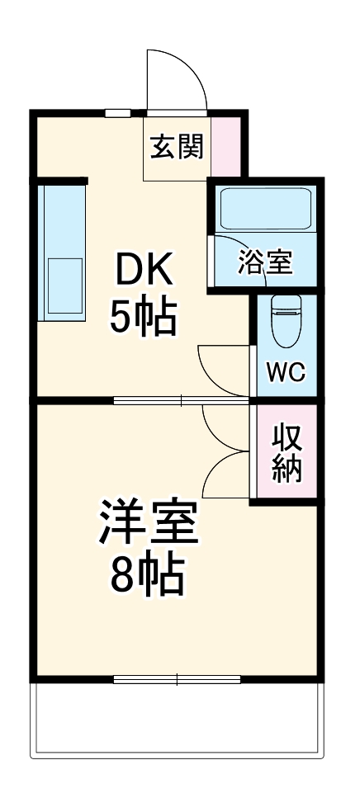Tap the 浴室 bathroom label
pyautogui.click(x=265, y=262)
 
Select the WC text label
pyautogui.click(x=285, y=371)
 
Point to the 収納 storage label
pyautogui.click(x=287, y=453)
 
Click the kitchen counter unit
pyautogui.click(x=61, y=251)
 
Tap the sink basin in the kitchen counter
pyautogui.click(x=64, y=285)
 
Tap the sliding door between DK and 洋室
pyautogui.click(x=182, y=401)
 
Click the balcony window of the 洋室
pyautogui.click(x=177, y=680)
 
